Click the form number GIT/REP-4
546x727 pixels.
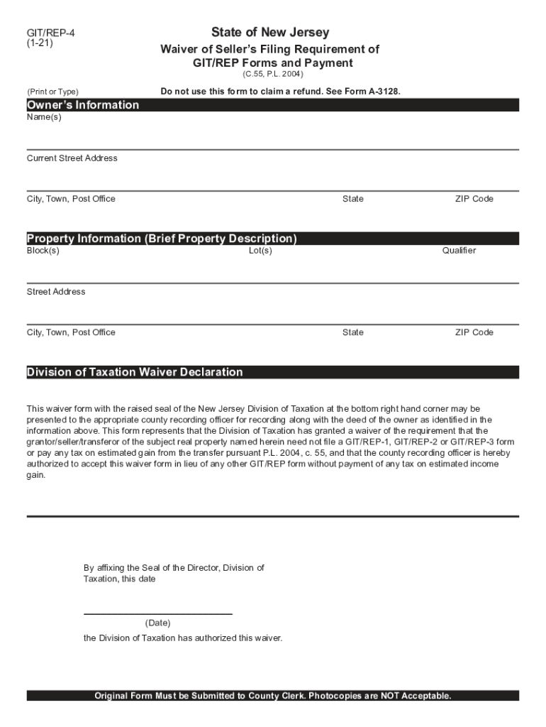point(50,33)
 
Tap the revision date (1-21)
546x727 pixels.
point(40,43)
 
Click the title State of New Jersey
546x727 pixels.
point(269,33)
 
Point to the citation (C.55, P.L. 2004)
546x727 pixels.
point(273,74)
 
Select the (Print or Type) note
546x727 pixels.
point(52,92)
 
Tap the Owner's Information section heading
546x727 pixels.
point(83,105)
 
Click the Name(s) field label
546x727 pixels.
point(44,117)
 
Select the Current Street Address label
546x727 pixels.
point(72,158)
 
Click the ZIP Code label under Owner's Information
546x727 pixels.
point(474,199)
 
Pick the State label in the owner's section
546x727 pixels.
point(352,199)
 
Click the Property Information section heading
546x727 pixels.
point(162,239)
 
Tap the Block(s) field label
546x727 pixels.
point(43,251)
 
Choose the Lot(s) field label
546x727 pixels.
point(260,251)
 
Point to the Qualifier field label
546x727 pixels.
point(459,251)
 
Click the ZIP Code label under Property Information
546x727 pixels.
point(474,332)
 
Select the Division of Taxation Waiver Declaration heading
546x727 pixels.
point(135,372)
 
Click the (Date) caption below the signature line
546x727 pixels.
point(157,623)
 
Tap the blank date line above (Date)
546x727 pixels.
point(157,613)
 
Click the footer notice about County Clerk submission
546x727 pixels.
point(273,696)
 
